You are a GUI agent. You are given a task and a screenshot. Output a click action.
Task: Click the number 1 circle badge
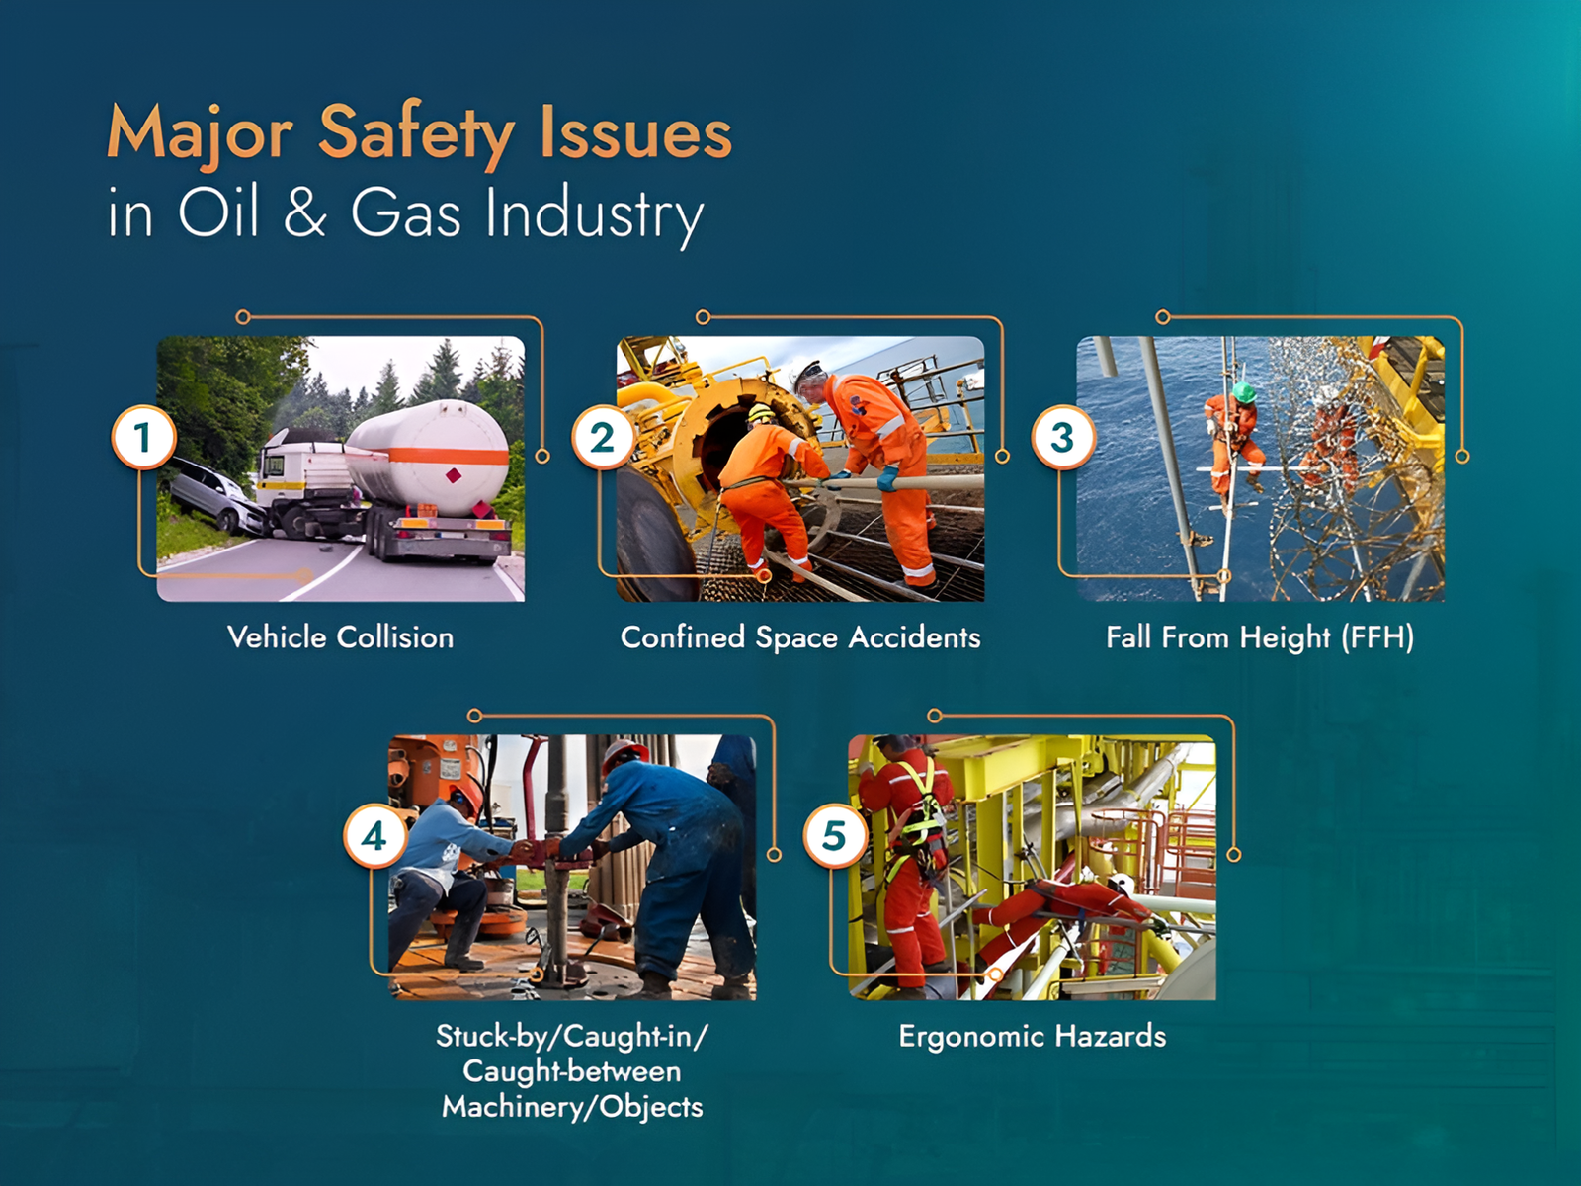click(x=143, y=438)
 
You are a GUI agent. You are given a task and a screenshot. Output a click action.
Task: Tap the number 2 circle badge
click(x=604, y=438)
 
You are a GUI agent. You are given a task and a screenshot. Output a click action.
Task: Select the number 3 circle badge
click(x=1063, y=438)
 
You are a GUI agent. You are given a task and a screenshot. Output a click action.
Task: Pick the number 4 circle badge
click(x=374, y=837)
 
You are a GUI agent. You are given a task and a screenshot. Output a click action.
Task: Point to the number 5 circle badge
click(x=835, y=837)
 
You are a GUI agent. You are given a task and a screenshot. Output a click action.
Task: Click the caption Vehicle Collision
click(x=341, y=637)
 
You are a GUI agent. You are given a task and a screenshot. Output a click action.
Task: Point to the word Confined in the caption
click(x=682, y=637)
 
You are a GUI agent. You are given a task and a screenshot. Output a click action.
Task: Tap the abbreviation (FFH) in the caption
click(x=1377, y=638)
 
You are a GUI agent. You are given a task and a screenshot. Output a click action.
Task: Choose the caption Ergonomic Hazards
click(x=1033, y=1037)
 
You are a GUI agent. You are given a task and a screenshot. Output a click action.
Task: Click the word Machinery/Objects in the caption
click(x=572, y=1106)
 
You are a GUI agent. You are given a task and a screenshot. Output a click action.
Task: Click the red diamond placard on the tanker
click(x=454, y=475)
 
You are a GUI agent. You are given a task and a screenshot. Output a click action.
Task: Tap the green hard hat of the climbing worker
click(x=1243, y=392)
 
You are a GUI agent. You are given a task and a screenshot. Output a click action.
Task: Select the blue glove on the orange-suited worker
click(x=887, y=478)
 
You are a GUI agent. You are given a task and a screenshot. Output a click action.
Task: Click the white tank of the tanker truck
click(x=429, y=455)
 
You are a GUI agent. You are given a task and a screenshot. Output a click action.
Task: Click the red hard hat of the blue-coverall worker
click(x=624, y=751)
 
